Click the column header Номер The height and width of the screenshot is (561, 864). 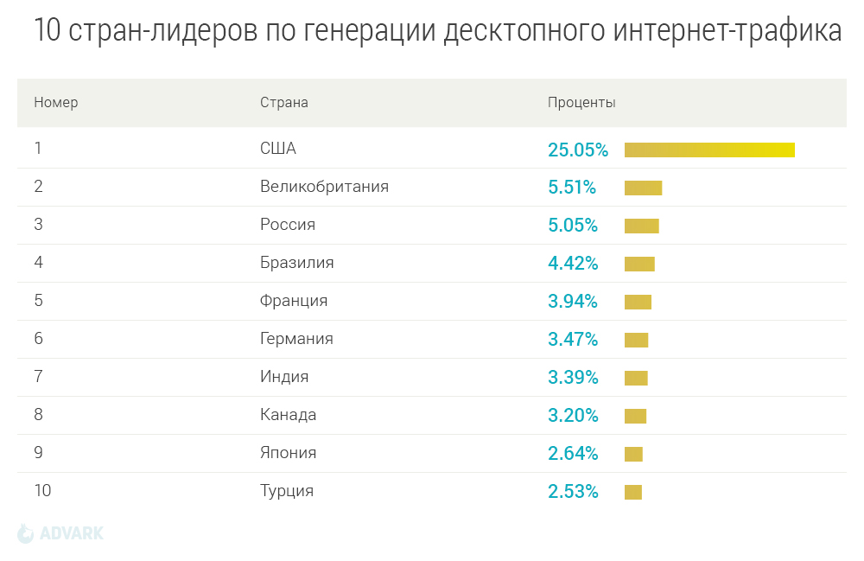pyautogui.click(x=56, y=103)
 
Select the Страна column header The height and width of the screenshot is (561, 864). pyautogui.click(x=284, y=103)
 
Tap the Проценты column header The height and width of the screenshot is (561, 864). pyautogui.click(x=581, y=103)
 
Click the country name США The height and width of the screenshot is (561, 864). pyautogui.click(x=278, y=149)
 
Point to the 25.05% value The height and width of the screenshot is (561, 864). pyautogui.click(x=578, y=150)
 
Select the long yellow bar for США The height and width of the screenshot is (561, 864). pyautogui.click(x=709, y=150)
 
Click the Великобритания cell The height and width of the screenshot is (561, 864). pyautogui.click(x=324, y=187)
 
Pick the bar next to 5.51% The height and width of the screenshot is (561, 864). pyautogui.click(x=643, y=188)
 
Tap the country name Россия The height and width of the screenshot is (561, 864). pyautogui.click(x=288, y=225)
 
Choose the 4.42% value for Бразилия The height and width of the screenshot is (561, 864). pyautogui.click(x=573, y=264)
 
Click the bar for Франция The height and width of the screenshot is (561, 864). pyautogui.click(x=638, y=302)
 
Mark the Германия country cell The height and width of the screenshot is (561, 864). pyautogui.click(x=296, y=339)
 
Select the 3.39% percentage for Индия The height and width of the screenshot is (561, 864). pyautogui.click(x=573, y=378)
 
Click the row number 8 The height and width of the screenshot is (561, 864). pyautogui.click(x=38, y=415)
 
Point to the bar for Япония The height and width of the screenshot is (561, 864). pyautogui.click(x=633, y=454)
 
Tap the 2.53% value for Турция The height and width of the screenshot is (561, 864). pyautogui.click(x=573, y=492)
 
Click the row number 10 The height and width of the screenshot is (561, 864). pyautogui.click(x=42, y=491)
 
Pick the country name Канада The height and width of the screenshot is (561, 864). pyautogui.click(x=288, y=415)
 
